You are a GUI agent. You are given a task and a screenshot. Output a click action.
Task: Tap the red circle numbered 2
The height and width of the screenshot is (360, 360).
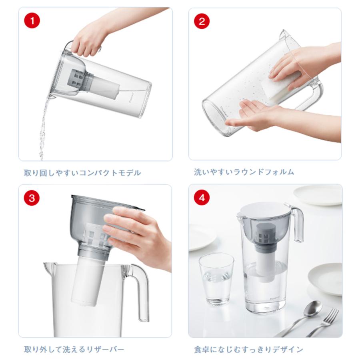(x=202, y=21)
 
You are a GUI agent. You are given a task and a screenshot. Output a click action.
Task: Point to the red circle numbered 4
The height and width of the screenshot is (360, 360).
(x=202, y=198)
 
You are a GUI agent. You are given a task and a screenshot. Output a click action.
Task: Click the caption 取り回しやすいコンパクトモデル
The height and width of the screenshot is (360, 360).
(x=82, y=173)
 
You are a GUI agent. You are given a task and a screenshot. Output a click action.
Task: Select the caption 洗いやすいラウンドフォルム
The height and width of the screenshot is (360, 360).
(x=244, y=172)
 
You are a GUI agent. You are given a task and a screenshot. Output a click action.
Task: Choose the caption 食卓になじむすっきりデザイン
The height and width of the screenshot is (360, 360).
(x=248, y=349)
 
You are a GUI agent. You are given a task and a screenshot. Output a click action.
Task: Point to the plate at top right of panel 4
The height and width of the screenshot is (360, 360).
(x=318, y=194)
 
